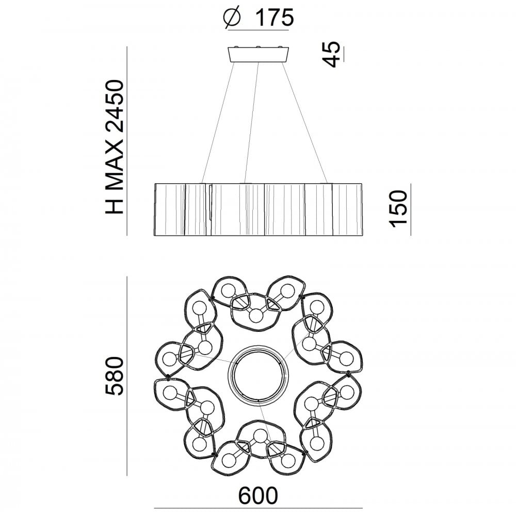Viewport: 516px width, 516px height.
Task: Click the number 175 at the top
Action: [274, 18]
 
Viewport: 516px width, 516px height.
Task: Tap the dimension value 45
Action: [331, 54]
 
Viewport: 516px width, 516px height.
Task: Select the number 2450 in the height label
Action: [114, 106]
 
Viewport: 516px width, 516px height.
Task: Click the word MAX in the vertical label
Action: [114, 164]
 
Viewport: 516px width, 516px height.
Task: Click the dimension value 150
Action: [398, 208]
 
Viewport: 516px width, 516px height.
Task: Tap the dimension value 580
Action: [114, 376]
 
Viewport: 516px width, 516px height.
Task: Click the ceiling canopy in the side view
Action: [259, 54]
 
